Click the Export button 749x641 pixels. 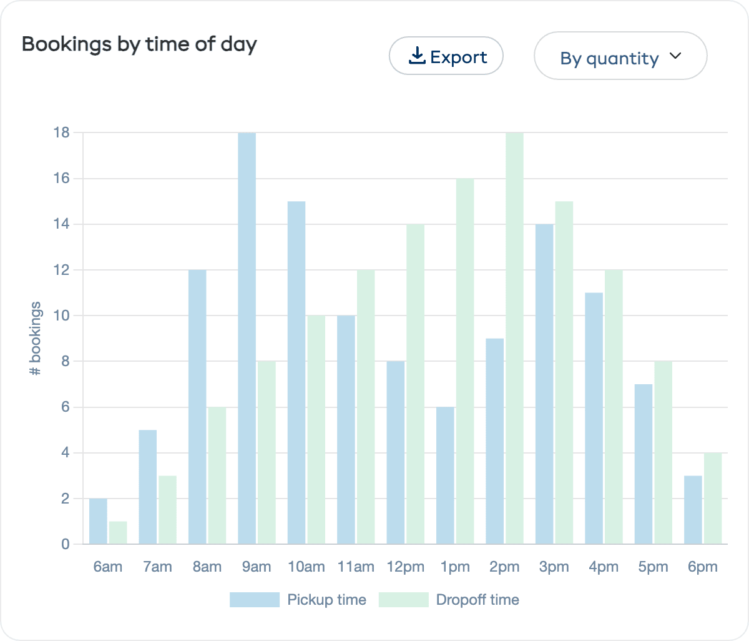446,56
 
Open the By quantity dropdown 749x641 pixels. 620,56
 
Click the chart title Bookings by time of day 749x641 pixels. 139,44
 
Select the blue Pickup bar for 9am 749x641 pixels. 247,338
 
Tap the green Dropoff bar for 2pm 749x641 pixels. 514,338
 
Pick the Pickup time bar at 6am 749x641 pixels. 98,521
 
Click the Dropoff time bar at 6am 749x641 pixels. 118,533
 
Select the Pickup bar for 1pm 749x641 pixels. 445,475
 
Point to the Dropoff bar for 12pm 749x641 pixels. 415,384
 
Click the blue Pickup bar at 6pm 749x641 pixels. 693,510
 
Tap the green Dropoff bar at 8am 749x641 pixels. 217,475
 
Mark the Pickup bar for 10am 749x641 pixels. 296,372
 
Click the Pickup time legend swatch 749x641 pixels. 254,600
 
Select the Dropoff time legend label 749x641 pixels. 477,600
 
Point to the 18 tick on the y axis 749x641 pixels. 62,132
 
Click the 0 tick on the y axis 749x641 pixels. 66,544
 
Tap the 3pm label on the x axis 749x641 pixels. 554,567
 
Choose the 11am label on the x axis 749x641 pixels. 356,567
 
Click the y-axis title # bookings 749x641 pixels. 36,339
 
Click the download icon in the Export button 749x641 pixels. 416,56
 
